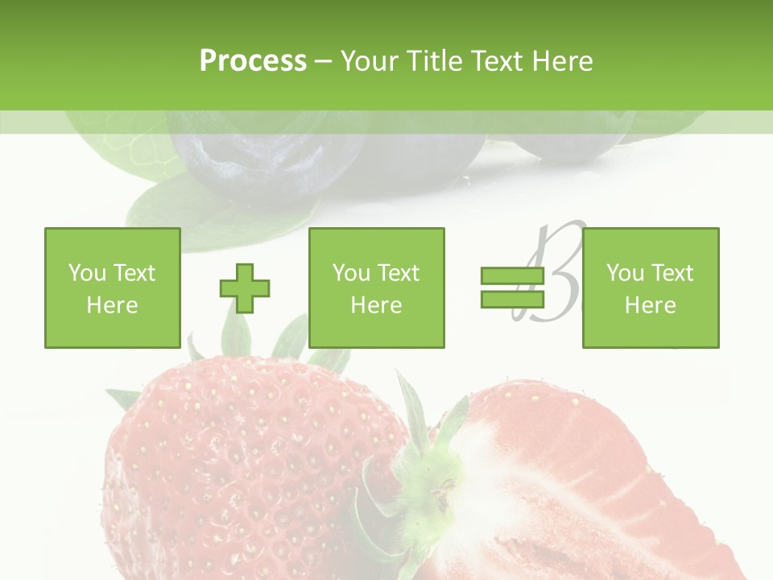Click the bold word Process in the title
coord(253,61)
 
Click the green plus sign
coord(245,288)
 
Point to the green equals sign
coord(512,288)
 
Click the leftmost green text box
coord(113,288)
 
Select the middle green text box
coord(376,288)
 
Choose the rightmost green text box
coord(651,288)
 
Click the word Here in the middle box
coord(376,305)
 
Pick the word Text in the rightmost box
coord(673,273)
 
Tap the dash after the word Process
coord(323,61)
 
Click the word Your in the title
coord(370,61)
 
